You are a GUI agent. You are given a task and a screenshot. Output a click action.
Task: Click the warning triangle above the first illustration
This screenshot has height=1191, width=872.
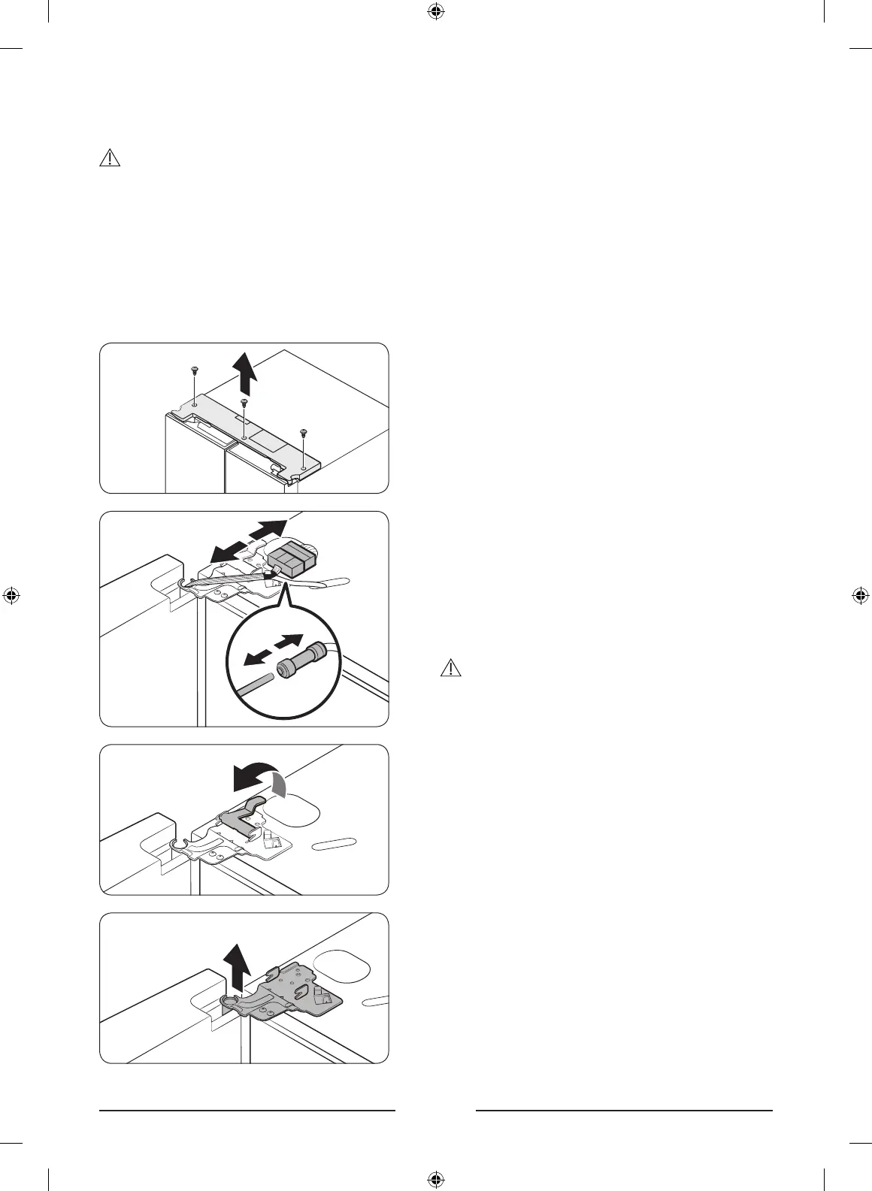110,158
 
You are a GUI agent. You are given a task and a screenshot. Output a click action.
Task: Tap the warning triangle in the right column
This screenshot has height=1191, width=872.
450,667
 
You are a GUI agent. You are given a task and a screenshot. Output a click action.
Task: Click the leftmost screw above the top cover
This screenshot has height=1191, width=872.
194,371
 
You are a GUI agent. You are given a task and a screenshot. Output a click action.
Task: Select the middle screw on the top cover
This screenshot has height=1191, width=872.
244,404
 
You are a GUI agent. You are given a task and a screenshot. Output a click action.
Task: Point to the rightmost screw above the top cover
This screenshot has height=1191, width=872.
303,433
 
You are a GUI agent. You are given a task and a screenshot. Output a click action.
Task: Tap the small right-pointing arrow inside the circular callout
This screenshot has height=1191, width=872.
288,642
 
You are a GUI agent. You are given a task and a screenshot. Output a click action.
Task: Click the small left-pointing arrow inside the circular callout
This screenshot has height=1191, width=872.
256,657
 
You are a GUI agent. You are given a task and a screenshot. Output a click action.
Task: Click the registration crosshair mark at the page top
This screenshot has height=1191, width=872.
434,12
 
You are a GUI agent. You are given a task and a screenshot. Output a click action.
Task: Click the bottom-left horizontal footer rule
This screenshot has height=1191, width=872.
247,1110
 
